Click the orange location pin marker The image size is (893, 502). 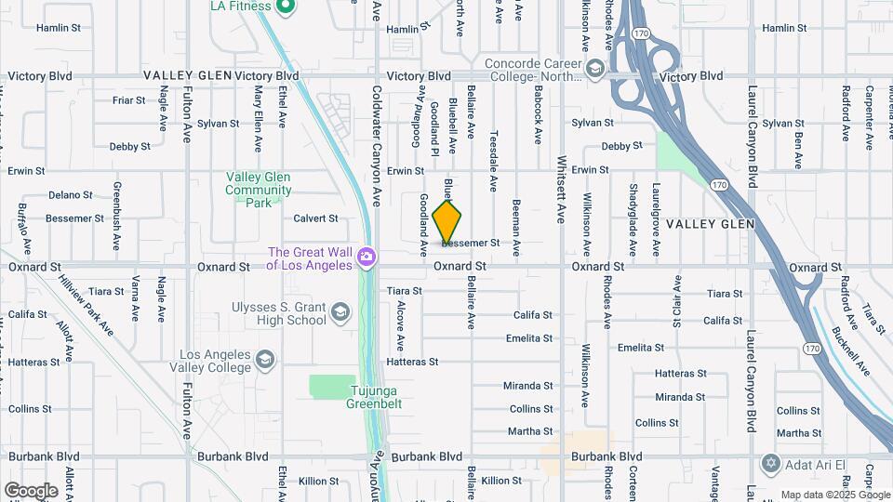447,222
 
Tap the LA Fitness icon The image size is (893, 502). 287,7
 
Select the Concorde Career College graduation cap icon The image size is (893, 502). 595,68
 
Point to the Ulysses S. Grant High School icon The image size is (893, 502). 340,312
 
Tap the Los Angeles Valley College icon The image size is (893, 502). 265,361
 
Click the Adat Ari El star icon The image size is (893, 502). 769,462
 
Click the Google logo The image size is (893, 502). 31,490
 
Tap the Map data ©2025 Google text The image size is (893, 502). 834,495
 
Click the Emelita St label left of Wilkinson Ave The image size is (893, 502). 529,338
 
